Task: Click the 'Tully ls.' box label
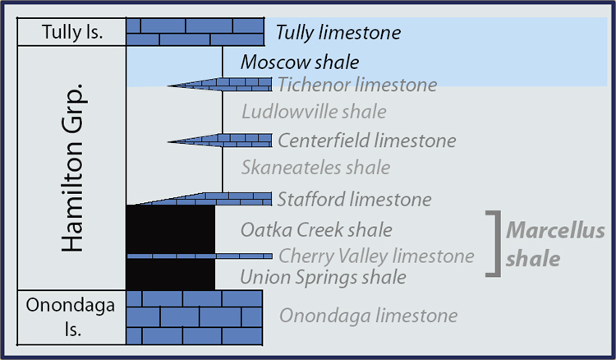pyautogui.click(x=72, y=32)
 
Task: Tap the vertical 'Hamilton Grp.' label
pyautogui.click(x=72, y=168)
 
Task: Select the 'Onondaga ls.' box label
pyautogui.click(x=71, y=316)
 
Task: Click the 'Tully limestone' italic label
pyautogui.click(x=338, y=32)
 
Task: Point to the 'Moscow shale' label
pyautogui.click(x=300, y=62)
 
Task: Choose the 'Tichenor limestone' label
pyautogui.click(x=357, y=85)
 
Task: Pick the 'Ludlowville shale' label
pyautogui.click(x=314, y=112)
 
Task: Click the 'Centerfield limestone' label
pyautogui.click(x=367, y=141)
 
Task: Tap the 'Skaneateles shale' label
pyautogui.click(x=315, y=168)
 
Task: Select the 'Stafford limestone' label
pyautogui.click(x=354, y=199)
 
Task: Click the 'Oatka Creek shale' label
pyautogui.click(x=316, y=230)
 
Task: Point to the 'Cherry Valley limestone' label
pyautogui.click(x=376, y=256)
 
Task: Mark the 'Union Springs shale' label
pyautogui.click(x=323, y=277)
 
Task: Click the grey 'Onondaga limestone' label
pyautogui.click(x=369, y=316)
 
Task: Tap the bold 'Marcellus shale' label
pyautogui.click(x=555, y=244)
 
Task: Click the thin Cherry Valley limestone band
pyautogui.click(x=200, y=256)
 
